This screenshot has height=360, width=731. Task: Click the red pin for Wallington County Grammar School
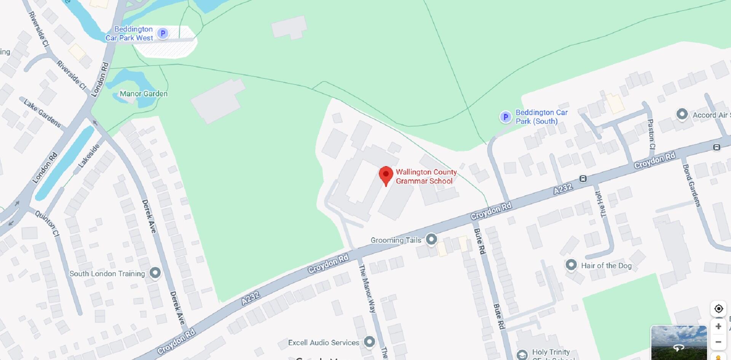(386, 175)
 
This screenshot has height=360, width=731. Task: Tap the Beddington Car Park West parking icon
(163, 34)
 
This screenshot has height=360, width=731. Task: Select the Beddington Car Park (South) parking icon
(505, 117)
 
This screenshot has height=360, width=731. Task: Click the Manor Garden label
(144, 94)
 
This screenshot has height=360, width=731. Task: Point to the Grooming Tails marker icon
(431, 239)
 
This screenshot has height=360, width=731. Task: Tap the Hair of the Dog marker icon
(571, 265)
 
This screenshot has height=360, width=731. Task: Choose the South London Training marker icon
(155, 272)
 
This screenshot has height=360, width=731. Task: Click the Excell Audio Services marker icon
(369, 341)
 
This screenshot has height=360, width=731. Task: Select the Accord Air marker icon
(682, 114)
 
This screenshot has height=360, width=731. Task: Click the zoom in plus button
(718, 326)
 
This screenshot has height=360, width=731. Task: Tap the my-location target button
(718, 309)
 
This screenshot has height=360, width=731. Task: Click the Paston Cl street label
(651, 134)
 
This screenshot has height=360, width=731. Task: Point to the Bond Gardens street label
(691, 186)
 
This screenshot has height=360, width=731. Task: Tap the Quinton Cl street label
(48, 224)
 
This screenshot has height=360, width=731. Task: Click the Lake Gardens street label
(42, 113)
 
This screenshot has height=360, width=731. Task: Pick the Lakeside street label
(89, 155)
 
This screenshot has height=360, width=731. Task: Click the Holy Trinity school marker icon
(522, 355)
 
